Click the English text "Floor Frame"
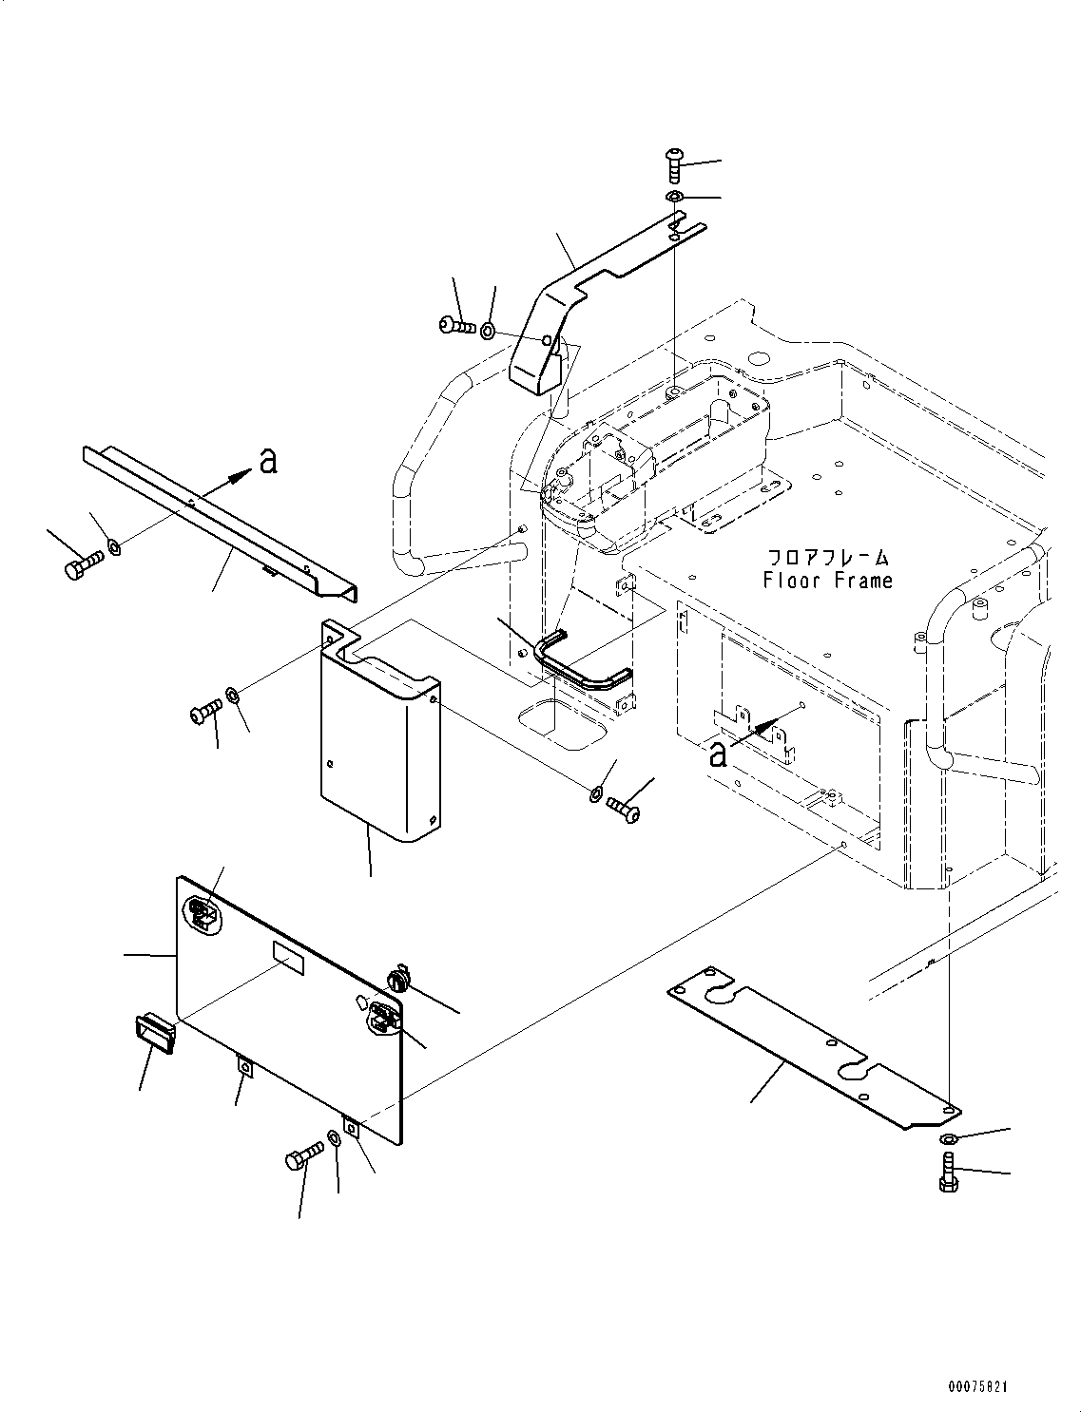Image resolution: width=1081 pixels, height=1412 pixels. point(827,580)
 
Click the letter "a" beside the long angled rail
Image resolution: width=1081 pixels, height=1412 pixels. point(269,461)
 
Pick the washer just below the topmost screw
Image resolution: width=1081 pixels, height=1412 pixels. point(674,197)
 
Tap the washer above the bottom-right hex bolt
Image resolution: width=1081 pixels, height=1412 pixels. point(948,1139)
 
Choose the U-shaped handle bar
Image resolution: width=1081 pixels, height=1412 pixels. point(580,661)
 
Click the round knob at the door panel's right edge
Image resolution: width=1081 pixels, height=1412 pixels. point(397,978)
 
